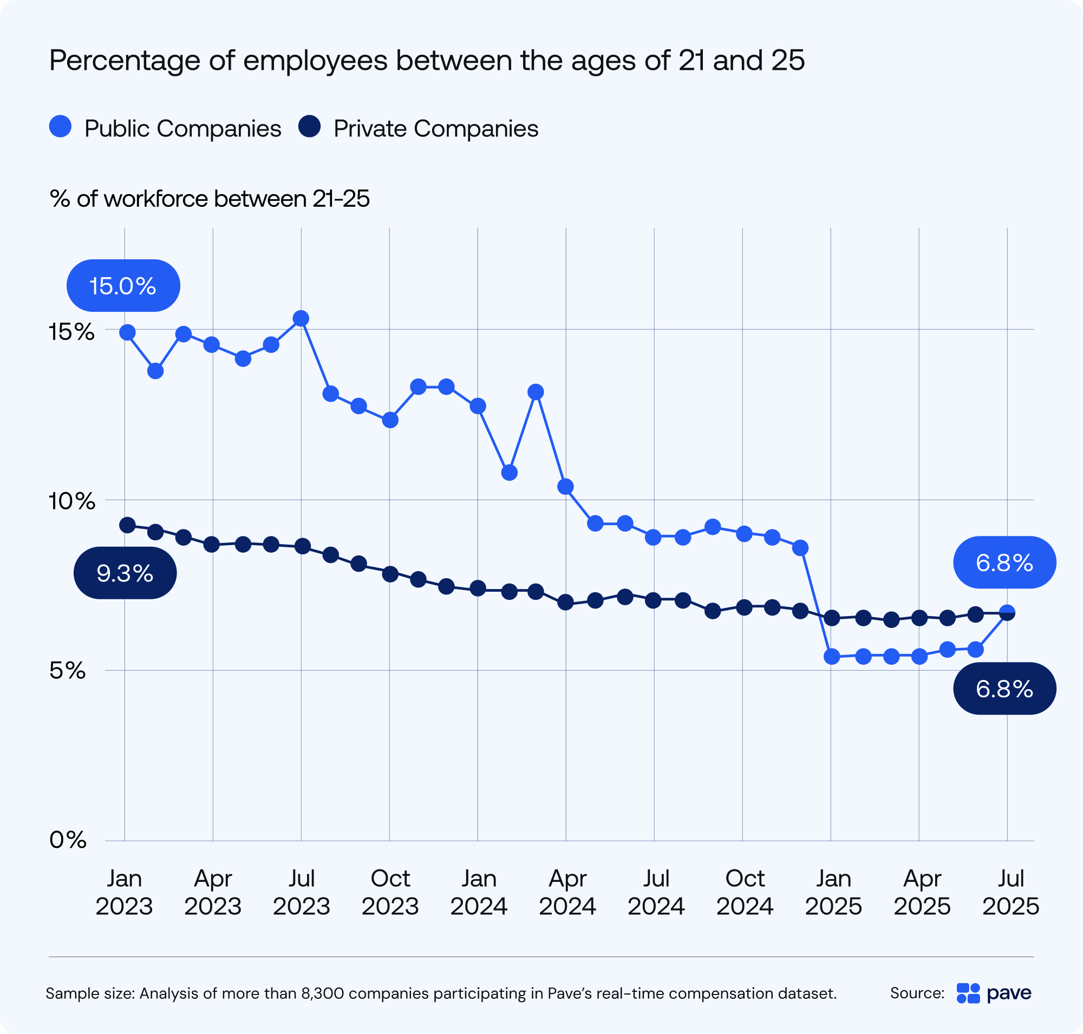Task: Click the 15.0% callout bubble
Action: (123, 285)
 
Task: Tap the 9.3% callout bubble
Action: (125, 573)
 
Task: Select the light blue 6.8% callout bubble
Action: (1004, 562)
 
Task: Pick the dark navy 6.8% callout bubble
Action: (1004, 689)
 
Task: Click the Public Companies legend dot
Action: (60, 126)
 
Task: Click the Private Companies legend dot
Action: (309, 126)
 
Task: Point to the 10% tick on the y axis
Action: (71, 501)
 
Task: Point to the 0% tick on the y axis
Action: (68, 841)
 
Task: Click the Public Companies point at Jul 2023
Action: (301, 318)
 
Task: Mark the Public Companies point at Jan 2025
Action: (832, 657)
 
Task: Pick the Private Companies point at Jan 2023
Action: (127, 525)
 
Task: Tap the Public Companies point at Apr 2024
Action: (565, 487)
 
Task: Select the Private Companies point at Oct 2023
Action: (390, 574)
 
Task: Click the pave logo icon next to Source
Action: (968, 993)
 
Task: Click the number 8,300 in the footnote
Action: (323, 993)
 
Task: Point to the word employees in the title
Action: (315, 60)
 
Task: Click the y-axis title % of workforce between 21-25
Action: (210, 199)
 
